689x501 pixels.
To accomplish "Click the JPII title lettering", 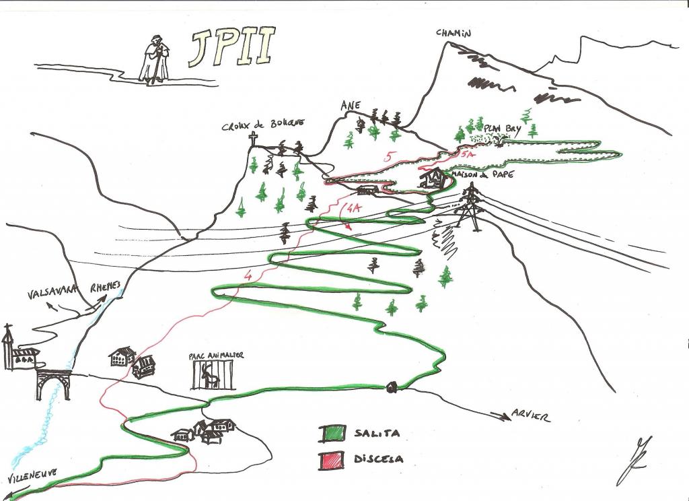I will (x=231, y=48).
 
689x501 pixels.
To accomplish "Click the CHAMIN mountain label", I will (x=454, y=33).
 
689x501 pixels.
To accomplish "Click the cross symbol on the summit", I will (x=254, y=139).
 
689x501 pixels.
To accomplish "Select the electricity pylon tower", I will (x=470, y=205).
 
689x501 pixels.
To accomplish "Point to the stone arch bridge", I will (x=54, y=382).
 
